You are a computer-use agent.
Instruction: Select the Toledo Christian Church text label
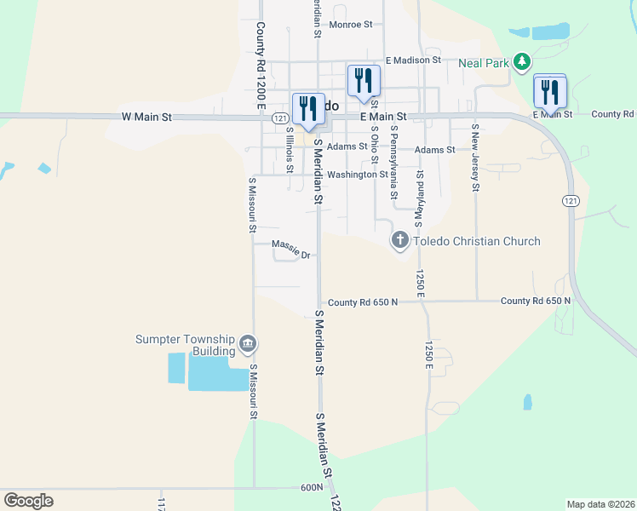point(477,241)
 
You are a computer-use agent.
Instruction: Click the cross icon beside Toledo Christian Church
point(399,241)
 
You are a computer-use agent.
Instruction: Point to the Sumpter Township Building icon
point(248,344)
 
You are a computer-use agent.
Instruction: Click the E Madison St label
point(413,60)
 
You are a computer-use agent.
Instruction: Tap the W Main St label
point(147,116)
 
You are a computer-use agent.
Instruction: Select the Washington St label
point(358,175)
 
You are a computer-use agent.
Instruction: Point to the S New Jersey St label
point(475,158)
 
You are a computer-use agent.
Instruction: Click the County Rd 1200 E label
point(260,65)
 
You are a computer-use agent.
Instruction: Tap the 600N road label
point(312,487)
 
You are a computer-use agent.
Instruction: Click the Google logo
point(28,500)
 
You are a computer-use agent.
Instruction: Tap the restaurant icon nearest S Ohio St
point(364,81)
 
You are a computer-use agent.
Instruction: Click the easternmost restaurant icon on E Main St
point(550,91)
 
